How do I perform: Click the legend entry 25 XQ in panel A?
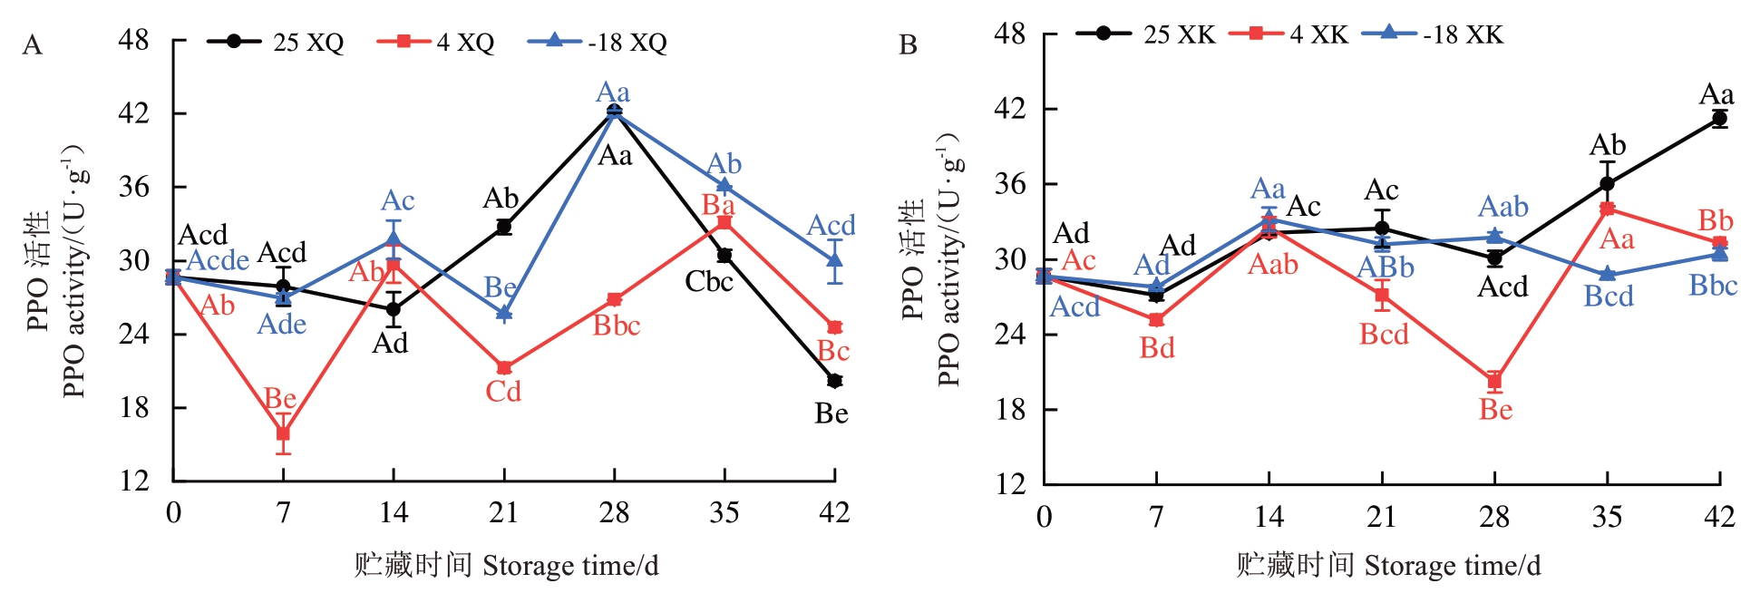click(x=276, y=42)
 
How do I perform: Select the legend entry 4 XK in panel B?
click(x=1288, y=34)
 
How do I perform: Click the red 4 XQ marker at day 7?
click(x=283, y=433)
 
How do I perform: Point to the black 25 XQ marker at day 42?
click(x=834, y=381)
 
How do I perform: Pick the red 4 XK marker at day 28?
click(x=1494, y=381)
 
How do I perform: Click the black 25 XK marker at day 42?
click(x=1719, y=119)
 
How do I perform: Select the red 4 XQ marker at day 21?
click(x=504, y=368)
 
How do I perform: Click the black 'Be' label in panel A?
click(x=831, y=414)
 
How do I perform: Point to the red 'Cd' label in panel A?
click(x=503, y=392)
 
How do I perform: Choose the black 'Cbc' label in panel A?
click(x=708, y=282)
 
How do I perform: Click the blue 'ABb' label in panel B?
click(x=1385, y=267)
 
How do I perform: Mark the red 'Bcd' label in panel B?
click(x=1384, y=335)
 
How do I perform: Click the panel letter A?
click(x=33, y=45)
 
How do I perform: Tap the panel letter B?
click(x=908, y=45)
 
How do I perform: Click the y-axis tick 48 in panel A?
click(x=134, y=41)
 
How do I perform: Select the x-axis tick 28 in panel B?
click(x=1494, y=517)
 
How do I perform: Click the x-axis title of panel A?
click(x=506, y=566)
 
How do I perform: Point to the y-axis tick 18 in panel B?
click(x=1010, y=410)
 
